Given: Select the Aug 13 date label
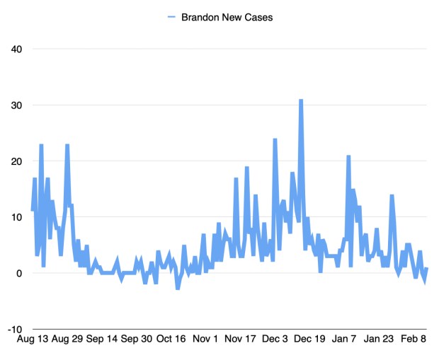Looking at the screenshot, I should [x=32, y=339].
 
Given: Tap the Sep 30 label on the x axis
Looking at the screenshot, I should [x=136, y=339].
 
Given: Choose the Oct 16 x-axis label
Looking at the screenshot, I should [x=171, y=339].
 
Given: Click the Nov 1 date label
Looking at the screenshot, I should [x=205, y=339].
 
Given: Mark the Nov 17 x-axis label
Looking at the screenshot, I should [x=240, y=339].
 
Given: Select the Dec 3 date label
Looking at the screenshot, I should [x=275, y=339].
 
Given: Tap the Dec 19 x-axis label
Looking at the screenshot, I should [x=309, y=339].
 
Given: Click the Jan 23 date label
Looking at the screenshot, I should [x=379, y=339].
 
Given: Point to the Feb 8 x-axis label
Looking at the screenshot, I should [x=414, y=339].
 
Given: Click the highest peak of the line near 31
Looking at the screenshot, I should [x=301, y=100].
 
